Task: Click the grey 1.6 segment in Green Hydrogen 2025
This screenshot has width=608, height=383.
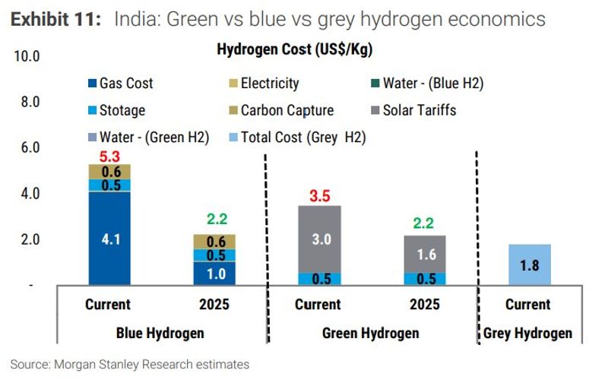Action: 426,254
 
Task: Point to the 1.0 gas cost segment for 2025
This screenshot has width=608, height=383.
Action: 214,273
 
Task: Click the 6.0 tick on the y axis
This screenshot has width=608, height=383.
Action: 28,147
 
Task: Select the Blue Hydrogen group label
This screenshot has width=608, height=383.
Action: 160,333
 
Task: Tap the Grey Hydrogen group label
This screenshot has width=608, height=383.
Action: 527,333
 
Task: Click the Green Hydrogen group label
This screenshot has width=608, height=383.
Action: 370,333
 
